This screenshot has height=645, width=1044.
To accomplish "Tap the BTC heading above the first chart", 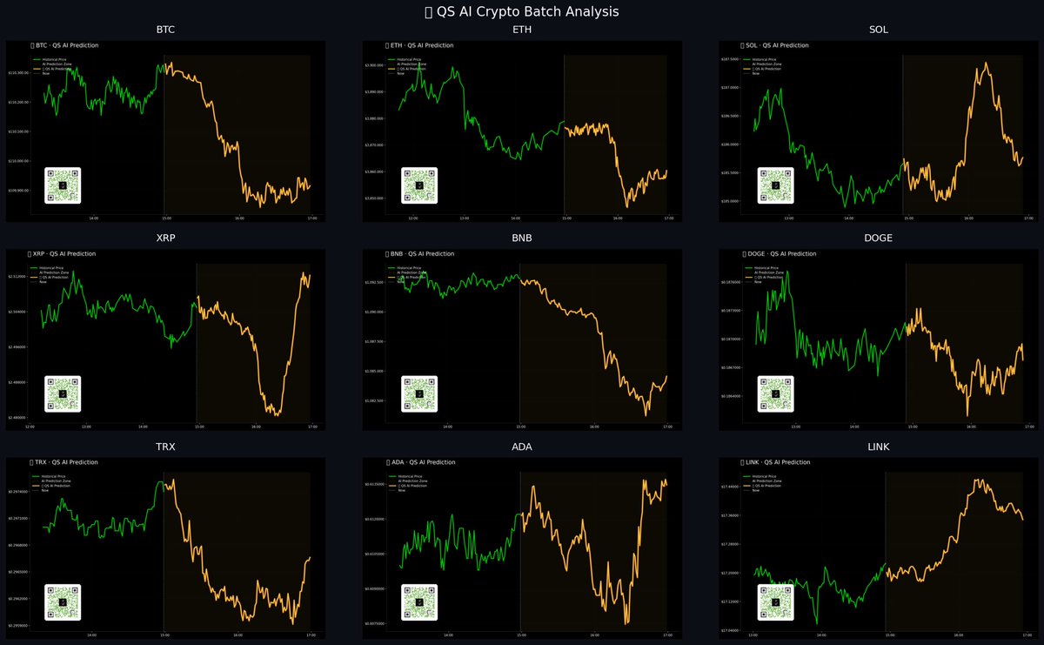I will (165, 30).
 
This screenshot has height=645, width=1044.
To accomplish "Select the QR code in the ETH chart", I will (419, 185).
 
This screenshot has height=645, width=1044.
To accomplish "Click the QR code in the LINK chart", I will (775, 602).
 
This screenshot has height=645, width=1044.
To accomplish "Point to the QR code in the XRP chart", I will (63, 393).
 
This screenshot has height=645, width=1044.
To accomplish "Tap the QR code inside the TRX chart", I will (63, 602).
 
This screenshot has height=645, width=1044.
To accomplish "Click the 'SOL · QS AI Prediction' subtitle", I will (778, 44).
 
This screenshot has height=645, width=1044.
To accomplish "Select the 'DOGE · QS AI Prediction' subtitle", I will (781, 253).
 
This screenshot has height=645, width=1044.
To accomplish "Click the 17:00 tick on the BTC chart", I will (311, 218).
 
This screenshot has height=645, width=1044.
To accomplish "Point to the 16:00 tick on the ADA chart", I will (593, 635).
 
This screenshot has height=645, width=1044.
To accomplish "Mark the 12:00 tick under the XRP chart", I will (30, 427).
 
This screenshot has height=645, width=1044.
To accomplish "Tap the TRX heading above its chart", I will (165, 447).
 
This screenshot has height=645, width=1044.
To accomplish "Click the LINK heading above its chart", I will (878, 447).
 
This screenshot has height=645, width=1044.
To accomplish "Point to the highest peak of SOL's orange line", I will (986, 63).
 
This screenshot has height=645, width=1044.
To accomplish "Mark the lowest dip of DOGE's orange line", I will (967, 415).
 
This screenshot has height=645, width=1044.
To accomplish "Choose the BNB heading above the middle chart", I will (522, 238).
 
